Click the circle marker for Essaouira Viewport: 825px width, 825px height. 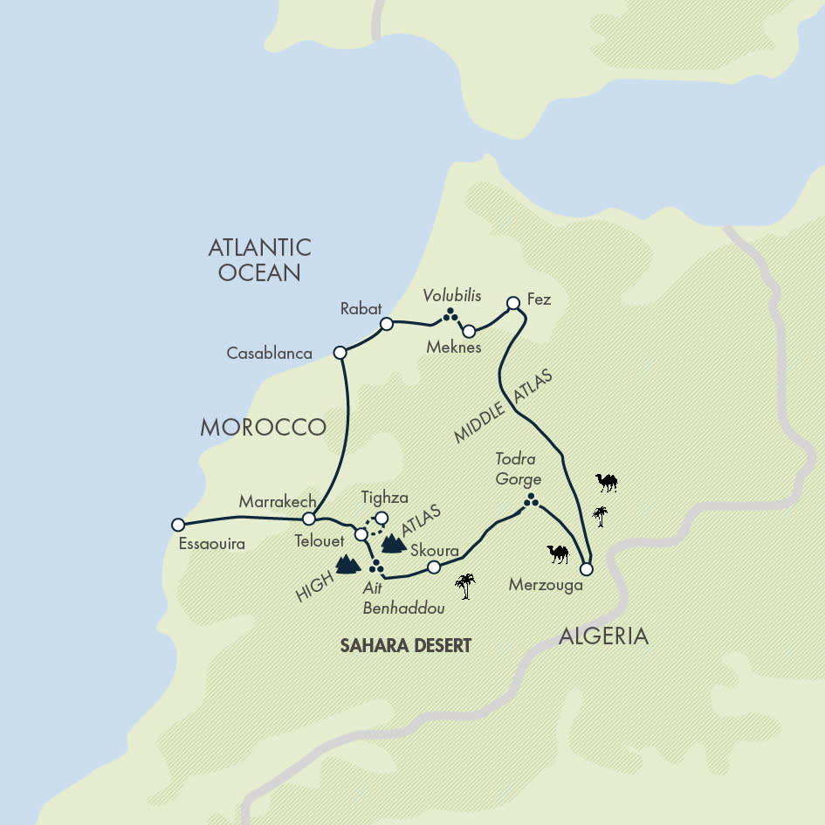(178, 525)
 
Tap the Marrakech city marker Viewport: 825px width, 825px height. (308, 519)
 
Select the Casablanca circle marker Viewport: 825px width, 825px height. (340, 353)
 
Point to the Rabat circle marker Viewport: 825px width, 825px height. (386, 324)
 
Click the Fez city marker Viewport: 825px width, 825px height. (513, 304)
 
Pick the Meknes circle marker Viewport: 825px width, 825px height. (469, 331)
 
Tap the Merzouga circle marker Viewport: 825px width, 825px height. (586, 569)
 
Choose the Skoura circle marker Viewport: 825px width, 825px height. (433, 567)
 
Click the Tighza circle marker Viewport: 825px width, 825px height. (382, 518)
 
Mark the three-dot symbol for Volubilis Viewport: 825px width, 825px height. (450, 314)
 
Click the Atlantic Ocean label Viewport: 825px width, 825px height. (259, 259)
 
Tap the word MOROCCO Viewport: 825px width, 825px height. (263, 427)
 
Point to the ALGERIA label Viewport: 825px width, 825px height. (603, 636)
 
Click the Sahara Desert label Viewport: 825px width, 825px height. (405, 646)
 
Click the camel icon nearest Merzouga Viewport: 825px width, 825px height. (558, 553)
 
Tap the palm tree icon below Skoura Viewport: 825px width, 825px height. (466, 586)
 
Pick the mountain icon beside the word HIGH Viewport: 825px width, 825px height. (347, 565)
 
